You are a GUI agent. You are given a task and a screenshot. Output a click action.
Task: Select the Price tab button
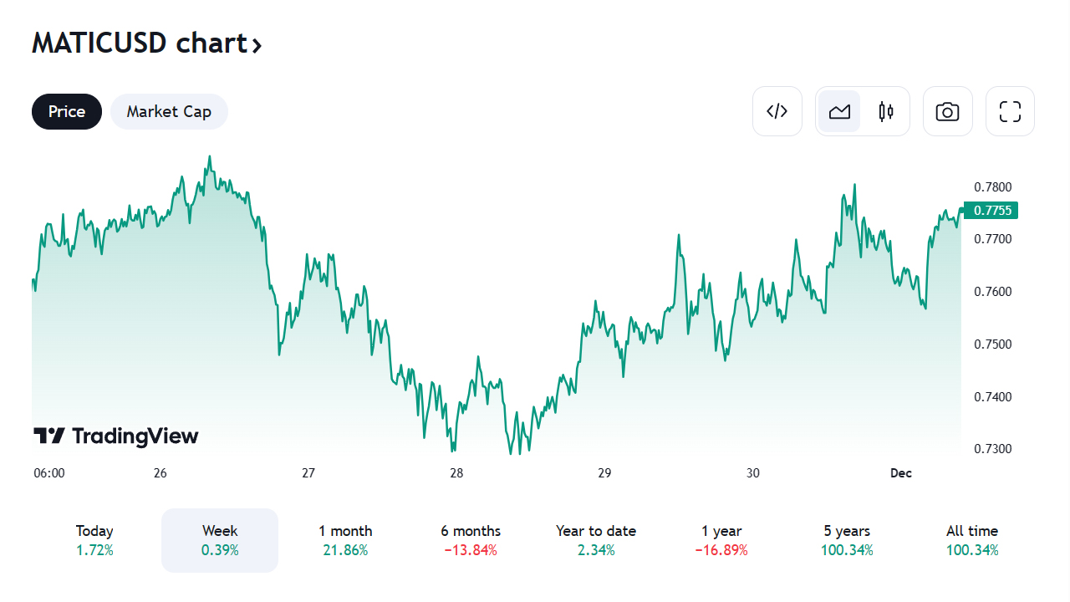[67, 112]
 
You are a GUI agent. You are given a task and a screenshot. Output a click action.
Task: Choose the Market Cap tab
[169, 112]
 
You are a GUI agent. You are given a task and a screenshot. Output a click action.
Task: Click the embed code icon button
[777, 111]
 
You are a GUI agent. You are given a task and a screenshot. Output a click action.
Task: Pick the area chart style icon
[839, 111]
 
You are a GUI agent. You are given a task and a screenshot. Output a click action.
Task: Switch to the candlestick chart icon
[886, 111]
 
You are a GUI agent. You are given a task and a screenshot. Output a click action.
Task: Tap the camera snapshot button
[947, 111]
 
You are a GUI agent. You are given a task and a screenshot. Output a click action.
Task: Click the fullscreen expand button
[1010, 111]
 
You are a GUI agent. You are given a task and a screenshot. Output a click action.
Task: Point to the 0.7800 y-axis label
[993, 186]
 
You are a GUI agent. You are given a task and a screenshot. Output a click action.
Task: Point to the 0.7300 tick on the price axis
[993, 449]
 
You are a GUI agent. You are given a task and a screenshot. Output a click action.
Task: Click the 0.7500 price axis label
[993, 344]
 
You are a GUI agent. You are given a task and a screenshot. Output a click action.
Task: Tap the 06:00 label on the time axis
[49, 473]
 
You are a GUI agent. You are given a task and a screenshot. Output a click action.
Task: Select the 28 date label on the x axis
[456, 473]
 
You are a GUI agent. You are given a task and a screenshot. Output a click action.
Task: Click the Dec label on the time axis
[900, 473]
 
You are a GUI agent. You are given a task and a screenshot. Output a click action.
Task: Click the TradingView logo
[116, 436]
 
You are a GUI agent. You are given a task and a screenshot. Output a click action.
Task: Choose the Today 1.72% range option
[94, 540]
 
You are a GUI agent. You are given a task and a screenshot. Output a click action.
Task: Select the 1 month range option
[345, 540]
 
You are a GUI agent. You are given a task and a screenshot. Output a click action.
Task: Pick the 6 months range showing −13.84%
[471, 540]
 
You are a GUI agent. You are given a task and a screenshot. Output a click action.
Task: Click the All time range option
[972, 540]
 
